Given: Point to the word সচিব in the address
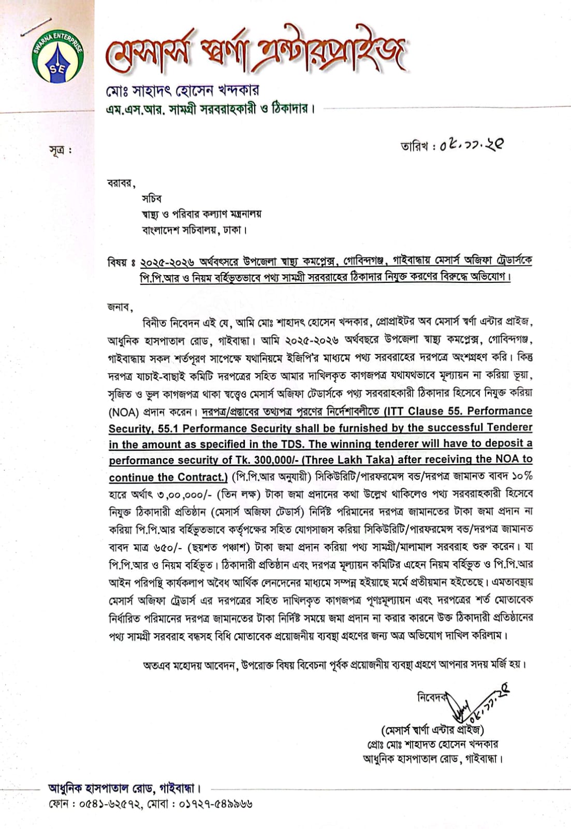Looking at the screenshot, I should [152, 198].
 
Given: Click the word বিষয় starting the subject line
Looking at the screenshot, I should [117, 262].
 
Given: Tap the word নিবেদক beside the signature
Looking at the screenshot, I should [432, 697].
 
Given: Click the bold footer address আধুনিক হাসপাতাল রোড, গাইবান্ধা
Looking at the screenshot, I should [124, 789].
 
